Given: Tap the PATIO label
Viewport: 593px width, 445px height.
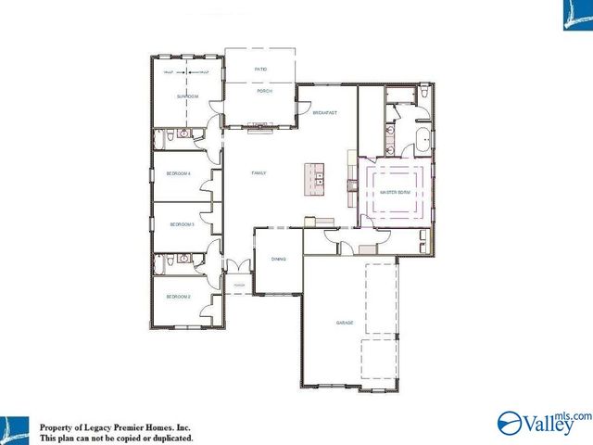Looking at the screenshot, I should [x=260, y=69].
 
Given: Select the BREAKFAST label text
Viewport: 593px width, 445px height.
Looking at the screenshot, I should [x=323, y=113].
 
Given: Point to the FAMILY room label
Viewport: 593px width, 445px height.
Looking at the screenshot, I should [x=259, y=173].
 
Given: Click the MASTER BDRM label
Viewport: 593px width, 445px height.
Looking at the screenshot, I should [x=396, y=193].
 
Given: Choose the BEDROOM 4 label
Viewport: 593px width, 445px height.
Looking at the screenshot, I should [x=178, y=173].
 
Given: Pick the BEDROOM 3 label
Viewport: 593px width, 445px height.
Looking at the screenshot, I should [x=181, y=224].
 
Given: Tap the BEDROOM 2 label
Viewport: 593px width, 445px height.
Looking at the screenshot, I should [x=178, y=297].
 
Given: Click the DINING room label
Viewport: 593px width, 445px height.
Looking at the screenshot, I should [x=278, y=260].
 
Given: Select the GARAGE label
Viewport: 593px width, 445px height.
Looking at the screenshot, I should [x=345, y=323].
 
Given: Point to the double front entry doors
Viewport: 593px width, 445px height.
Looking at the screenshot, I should [x=238, y=266].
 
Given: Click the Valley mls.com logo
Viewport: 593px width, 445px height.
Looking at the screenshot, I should [x=543, y=424].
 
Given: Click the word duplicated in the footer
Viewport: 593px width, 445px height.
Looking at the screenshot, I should [x=170, y=438].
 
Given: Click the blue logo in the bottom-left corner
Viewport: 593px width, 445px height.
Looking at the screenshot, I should [x=16, y=429].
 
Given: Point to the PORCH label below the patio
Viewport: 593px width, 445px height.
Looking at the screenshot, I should [x=263, y=92].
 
